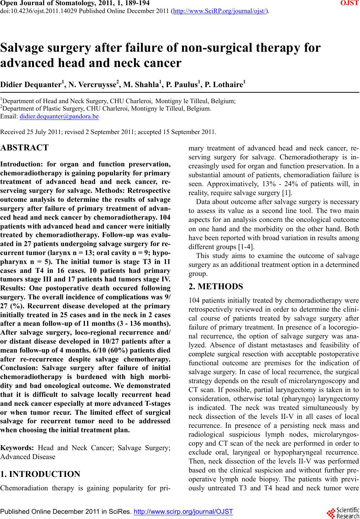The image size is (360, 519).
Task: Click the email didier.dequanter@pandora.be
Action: click(x=59, y=117)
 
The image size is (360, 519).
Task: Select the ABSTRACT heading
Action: click(x=25, y=148)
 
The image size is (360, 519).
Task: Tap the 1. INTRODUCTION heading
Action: click(x=40, y=474)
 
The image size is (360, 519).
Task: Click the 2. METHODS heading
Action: click(x=216, y=287)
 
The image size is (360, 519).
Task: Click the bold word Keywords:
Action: click(x=17, y=448)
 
